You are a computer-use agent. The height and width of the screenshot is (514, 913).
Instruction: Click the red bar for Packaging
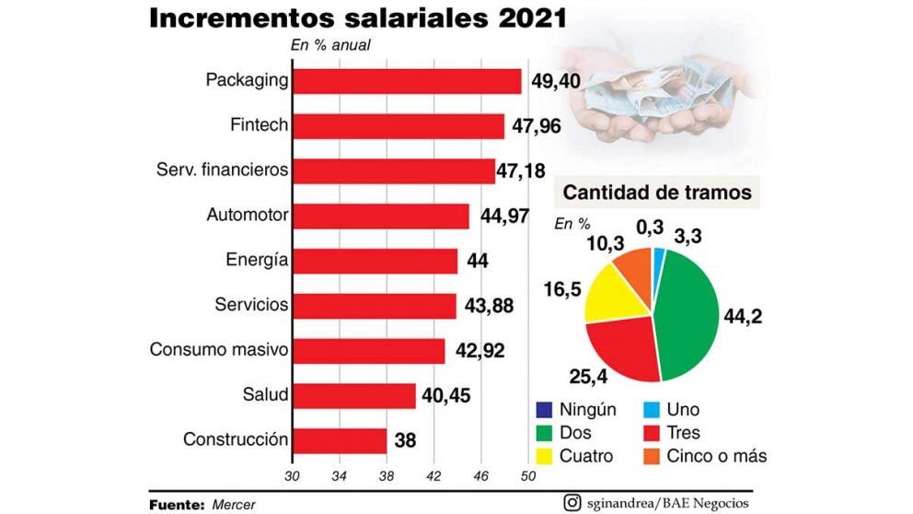pos(407,81)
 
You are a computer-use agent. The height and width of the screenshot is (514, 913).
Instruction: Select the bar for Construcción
pos(339,440)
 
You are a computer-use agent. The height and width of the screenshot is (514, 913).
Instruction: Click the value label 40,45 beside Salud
pos(447,396)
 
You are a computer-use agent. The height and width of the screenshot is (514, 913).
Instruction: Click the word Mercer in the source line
pos(233,505)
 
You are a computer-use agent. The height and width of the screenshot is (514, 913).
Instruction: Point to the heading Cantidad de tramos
pos(657,193)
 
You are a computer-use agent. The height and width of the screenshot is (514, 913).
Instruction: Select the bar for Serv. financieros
pos(394,171)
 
